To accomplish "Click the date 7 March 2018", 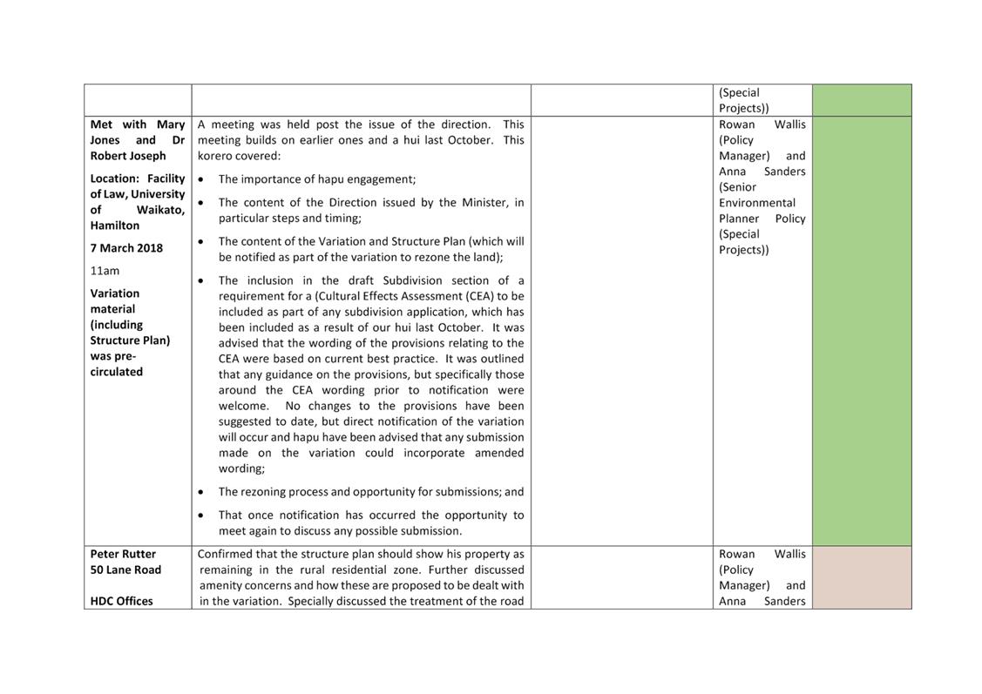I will pos(126,248).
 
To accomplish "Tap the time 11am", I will pos(105,271).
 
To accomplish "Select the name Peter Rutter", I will pos(123,554).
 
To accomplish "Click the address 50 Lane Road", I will pos(125,569).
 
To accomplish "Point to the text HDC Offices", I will pos(121,601).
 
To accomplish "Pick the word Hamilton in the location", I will pos(115,225).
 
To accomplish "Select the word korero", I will pos(214,156).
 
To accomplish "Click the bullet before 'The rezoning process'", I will pos(202,492).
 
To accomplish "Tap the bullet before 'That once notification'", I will pos(202,515).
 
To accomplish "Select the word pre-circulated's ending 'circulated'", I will pos(117,372).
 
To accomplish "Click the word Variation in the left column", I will pos(115,293).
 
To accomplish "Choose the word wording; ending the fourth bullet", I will pos(241,468).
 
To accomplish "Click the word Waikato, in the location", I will pos(160,210).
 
